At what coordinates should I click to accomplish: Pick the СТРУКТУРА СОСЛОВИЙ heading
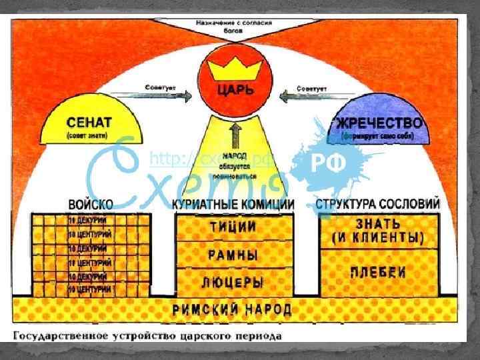tap(379, 204)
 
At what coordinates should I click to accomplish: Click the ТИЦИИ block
tap(233, 227)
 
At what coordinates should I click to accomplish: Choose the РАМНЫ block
tap(233, 255)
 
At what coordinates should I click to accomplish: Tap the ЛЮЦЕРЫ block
tap(233, 282)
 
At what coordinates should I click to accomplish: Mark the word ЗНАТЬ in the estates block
tap(379, 223)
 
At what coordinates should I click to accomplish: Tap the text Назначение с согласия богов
tap(233, 25)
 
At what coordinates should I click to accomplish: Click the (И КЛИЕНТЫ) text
tap(379, 238)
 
